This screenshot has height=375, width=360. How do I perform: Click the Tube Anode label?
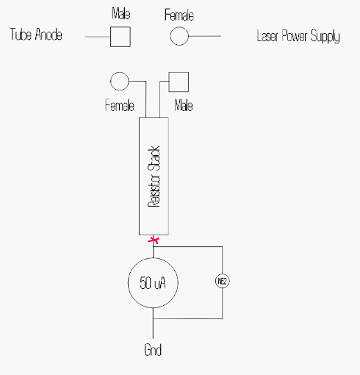(x=36, y=34)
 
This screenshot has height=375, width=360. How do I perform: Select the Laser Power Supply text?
(x=298, y=36)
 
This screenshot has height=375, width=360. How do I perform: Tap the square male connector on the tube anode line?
(x=120, y=37)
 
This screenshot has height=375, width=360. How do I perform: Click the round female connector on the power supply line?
(x=179, y=36)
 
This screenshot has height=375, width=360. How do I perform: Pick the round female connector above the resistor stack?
(x=120, y=81)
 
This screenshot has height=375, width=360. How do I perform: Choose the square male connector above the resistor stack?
(x=179, y=82)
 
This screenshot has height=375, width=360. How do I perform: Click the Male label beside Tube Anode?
(x=121, y=13)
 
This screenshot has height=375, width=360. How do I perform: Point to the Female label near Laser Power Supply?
(x=179, y=15)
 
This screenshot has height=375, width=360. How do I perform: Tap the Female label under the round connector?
(x=120, y=105)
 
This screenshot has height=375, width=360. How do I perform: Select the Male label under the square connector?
(x=184, y=105)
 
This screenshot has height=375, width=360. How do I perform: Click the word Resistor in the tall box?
(x=154, y=190)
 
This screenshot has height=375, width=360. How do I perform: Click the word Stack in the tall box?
(x=154, y=158)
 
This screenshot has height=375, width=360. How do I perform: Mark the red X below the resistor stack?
(x=154, y=240)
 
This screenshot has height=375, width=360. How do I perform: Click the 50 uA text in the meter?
(x=153, y=283)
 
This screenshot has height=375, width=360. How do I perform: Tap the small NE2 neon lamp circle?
(x=223, y=281)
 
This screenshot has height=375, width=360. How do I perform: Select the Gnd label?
(x=153, y=349)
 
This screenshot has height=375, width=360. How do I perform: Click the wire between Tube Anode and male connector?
(x=98, y=37)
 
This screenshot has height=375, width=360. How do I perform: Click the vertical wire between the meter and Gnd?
(x=154, y=323)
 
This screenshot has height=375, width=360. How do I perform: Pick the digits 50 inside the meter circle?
(x=145, y=283)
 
